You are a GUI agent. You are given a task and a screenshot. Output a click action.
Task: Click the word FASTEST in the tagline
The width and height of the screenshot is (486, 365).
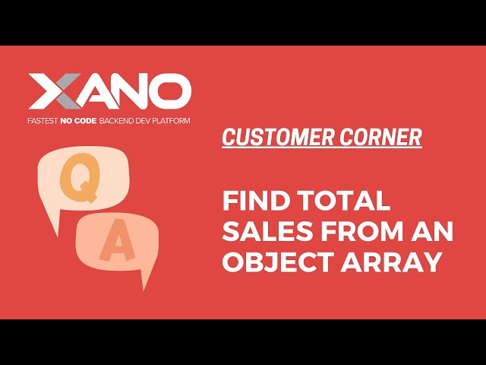[x=44, y=121]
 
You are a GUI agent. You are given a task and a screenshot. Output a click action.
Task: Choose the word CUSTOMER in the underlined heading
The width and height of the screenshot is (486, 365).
[x=270, y=138]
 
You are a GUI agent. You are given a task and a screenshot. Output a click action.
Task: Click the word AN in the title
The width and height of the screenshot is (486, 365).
[x=436, y=232]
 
